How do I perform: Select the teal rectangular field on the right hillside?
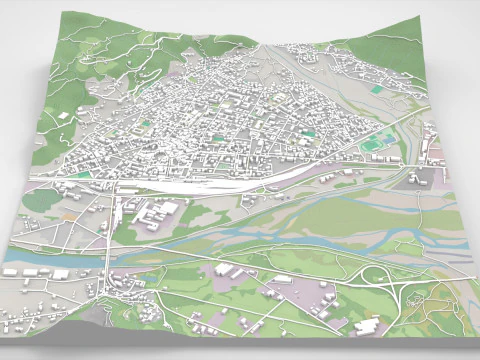376,90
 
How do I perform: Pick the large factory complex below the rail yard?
155,212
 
